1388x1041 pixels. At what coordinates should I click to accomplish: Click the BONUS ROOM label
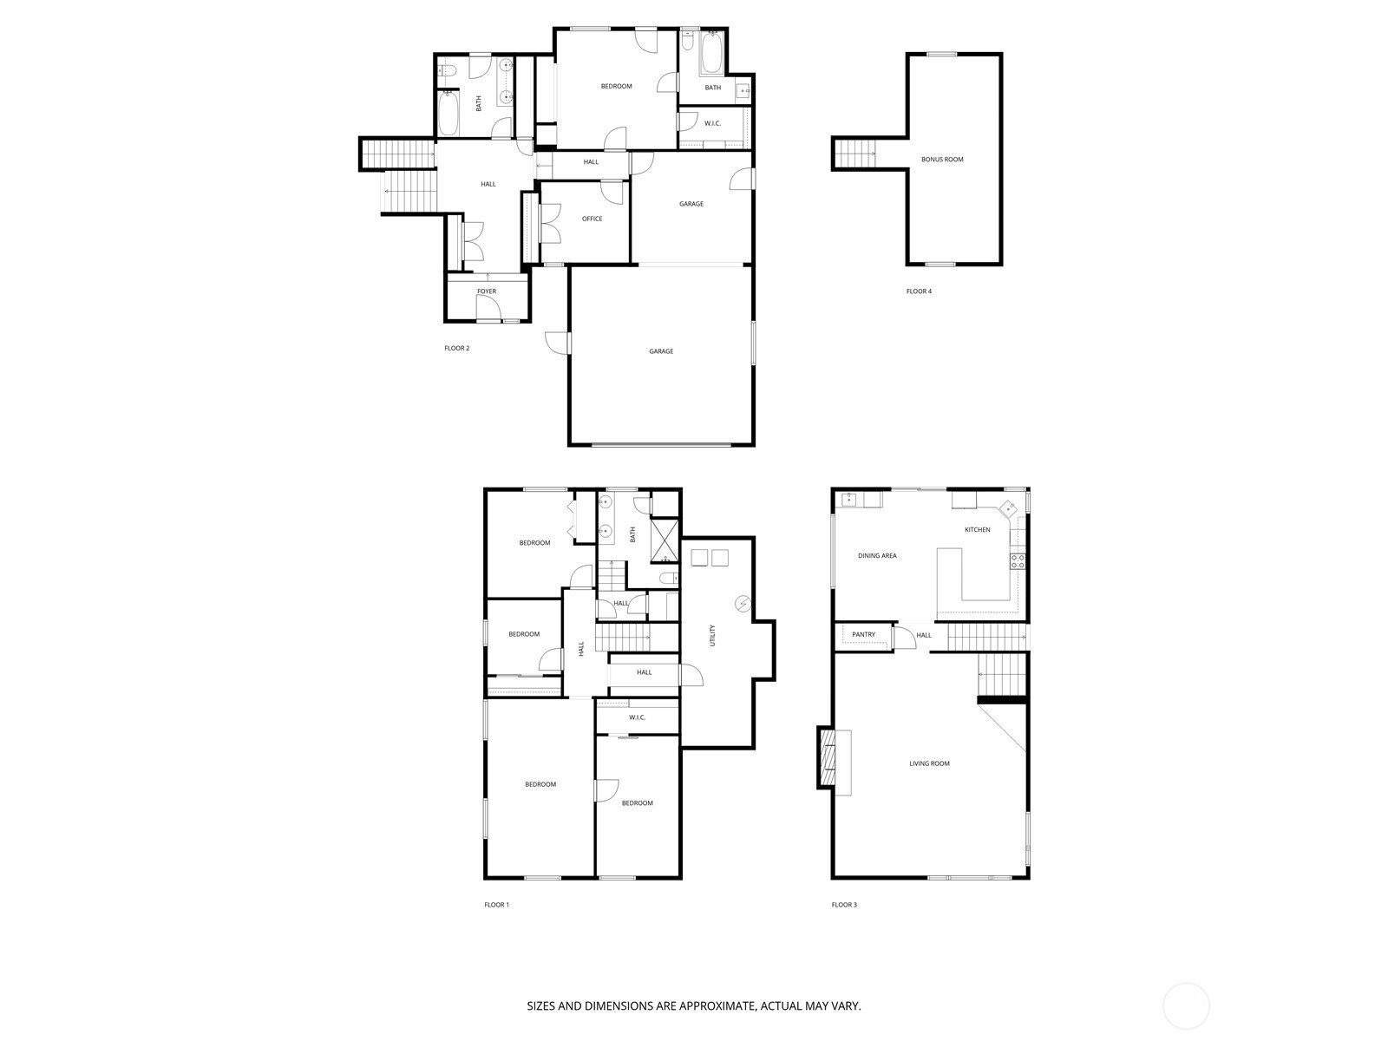[941, 160]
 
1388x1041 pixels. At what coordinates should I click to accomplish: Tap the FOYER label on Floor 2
[487, 291]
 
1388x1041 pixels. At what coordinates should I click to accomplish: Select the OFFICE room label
[592, 219]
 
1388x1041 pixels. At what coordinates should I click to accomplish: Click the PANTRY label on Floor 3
[863, 635]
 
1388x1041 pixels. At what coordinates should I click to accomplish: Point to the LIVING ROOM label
[929, 763]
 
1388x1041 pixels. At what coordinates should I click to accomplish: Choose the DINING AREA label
[877, 555]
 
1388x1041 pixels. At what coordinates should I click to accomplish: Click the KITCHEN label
[977, 530]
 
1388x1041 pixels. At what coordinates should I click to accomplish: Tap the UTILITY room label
[713, 635]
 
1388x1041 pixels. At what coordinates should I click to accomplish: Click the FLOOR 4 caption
[919, 291]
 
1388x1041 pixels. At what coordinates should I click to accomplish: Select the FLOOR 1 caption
[496, 905]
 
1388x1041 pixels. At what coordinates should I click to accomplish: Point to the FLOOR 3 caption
[844, 905]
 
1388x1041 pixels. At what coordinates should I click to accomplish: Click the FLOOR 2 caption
[456, 348]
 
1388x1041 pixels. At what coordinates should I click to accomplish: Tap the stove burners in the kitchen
[1017, 561]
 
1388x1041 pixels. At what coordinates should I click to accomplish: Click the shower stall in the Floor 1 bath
[664, 540]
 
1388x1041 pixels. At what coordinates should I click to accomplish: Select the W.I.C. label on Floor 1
[637, 717]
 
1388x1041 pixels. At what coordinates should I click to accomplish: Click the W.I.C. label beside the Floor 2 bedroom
[713, 123]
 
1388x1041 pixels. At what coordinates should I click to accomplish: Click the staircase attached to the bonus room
[854, 154]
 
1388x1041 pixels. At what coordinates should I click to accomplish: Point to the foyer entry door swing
[488, 308]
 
